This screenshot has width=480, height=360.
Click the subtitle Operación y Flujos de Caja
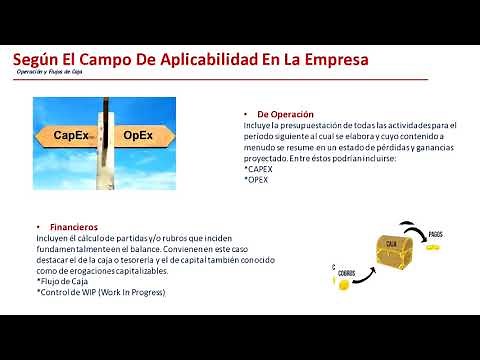point(50,74)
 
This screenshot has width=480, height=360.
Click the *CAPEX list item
point(262,170)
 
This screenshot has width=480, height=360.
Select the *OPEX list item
point(259,179)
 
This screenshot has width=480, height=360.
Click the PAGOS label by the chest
point(435,233)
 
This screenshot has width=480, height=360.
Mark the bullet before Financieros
point(38,227)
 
